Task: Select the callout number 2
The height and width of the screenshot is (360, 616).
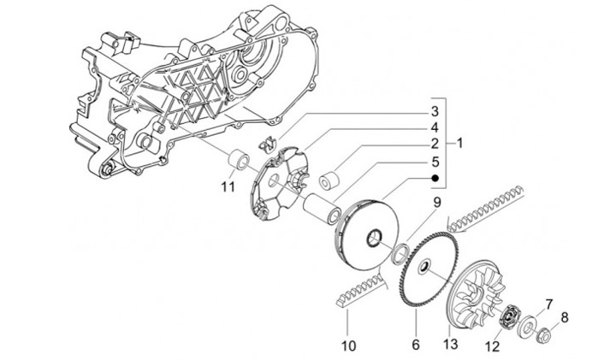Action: pyautogui.click(x=435, y=143)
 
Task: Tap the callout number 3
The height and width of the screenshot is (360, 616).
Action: pyautogui.click(x=435, y=111)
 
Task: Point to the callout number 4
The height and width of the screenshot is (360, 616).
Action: pyautogui.click(x=435, y=127)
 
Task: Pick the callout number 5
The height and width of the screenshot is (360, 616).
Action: pyautogui.click(x=435, y=160)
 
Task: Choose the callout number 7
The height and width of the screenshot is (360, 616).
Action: pyautogui.click(x=549, y=304)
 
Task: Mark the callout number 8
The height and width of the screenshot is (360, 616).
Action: pyautogui.click(x=564, y=319)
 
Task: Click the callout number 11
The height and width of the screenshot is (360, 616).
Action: pyautogui.click(x=227, y=186)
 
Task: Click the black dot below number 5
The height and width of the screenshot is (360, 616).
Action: pyautogui.click(x=435, y=178)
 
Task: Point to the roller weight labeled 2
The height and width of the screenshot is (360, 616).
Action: pyautogui.click(x=330, y=180)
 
